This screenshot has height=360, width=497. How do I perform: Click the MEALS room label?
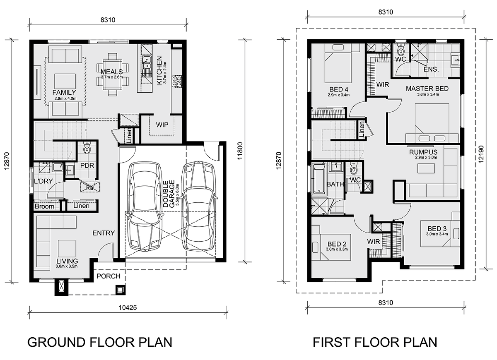(111, 72)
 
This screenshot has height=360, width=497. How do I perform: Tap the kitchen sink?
(147, 63)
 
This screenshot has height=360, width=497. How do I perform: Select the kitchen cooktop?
(178, 81)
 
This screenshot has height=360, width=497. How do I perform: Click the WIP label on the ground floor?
(162, 125)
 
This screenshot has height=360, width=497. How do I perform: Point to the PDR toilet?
(87, 148)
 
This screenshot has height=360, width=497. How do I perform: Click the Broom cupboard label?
(44, 206)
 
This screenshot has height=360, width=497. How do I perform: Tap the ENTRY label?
(104, 233)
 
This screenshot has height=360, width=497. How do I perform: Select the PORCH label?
(109, 276)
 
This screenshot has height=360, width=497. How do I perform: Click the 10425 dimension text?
(128, 307)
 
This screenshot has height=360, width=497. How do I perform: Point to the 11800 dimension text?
(240, 151)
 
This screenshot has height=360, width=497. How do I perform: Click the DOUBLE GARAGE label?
(169, 194)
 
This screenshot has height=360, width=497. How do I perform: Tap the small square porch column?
(121, 290)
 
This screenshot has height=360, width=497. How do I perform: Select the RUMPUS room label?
(423, 152)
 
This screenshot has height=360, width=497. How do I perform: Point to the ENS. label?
(431, 70)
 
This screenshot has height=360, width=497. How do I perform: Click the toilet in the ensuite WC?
(400, 50)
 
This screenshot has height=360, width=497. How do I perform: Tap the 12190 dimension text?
(481, 154)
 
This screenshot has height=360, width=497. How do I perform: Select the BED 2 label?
(337, 244)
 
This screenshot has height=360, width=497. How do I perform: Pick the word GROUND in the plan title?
(56, 342)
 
